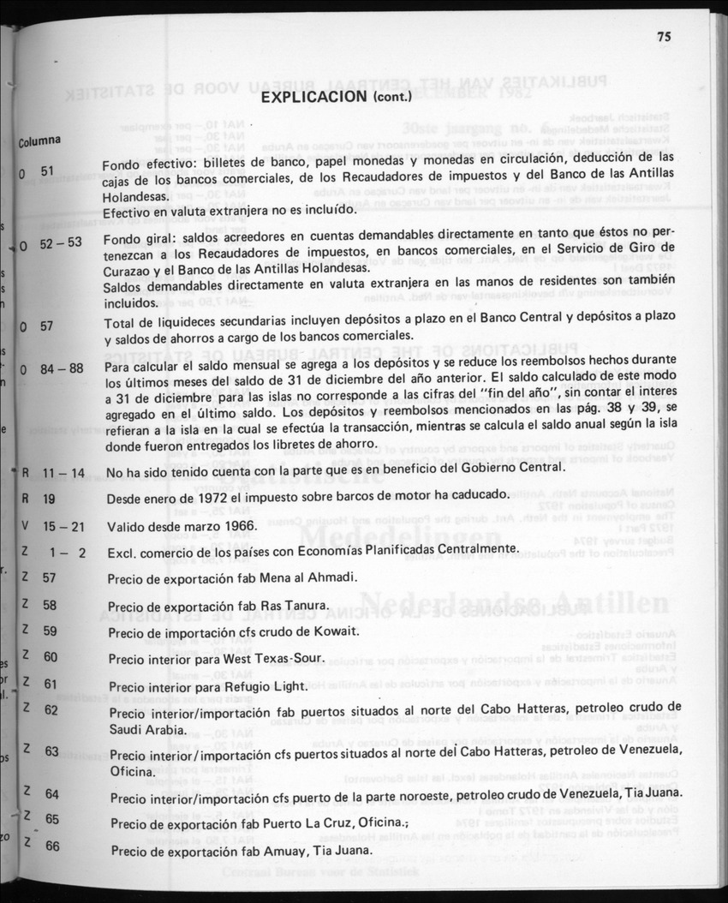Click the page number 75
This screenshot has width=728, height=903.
coord(664,36)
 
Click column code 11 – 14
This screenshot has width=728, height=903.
coord(65,472)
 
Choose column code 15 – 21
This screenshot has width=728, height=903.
coord(65,525)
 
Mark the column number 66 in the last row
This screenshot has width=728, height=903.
coord(52,846)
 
